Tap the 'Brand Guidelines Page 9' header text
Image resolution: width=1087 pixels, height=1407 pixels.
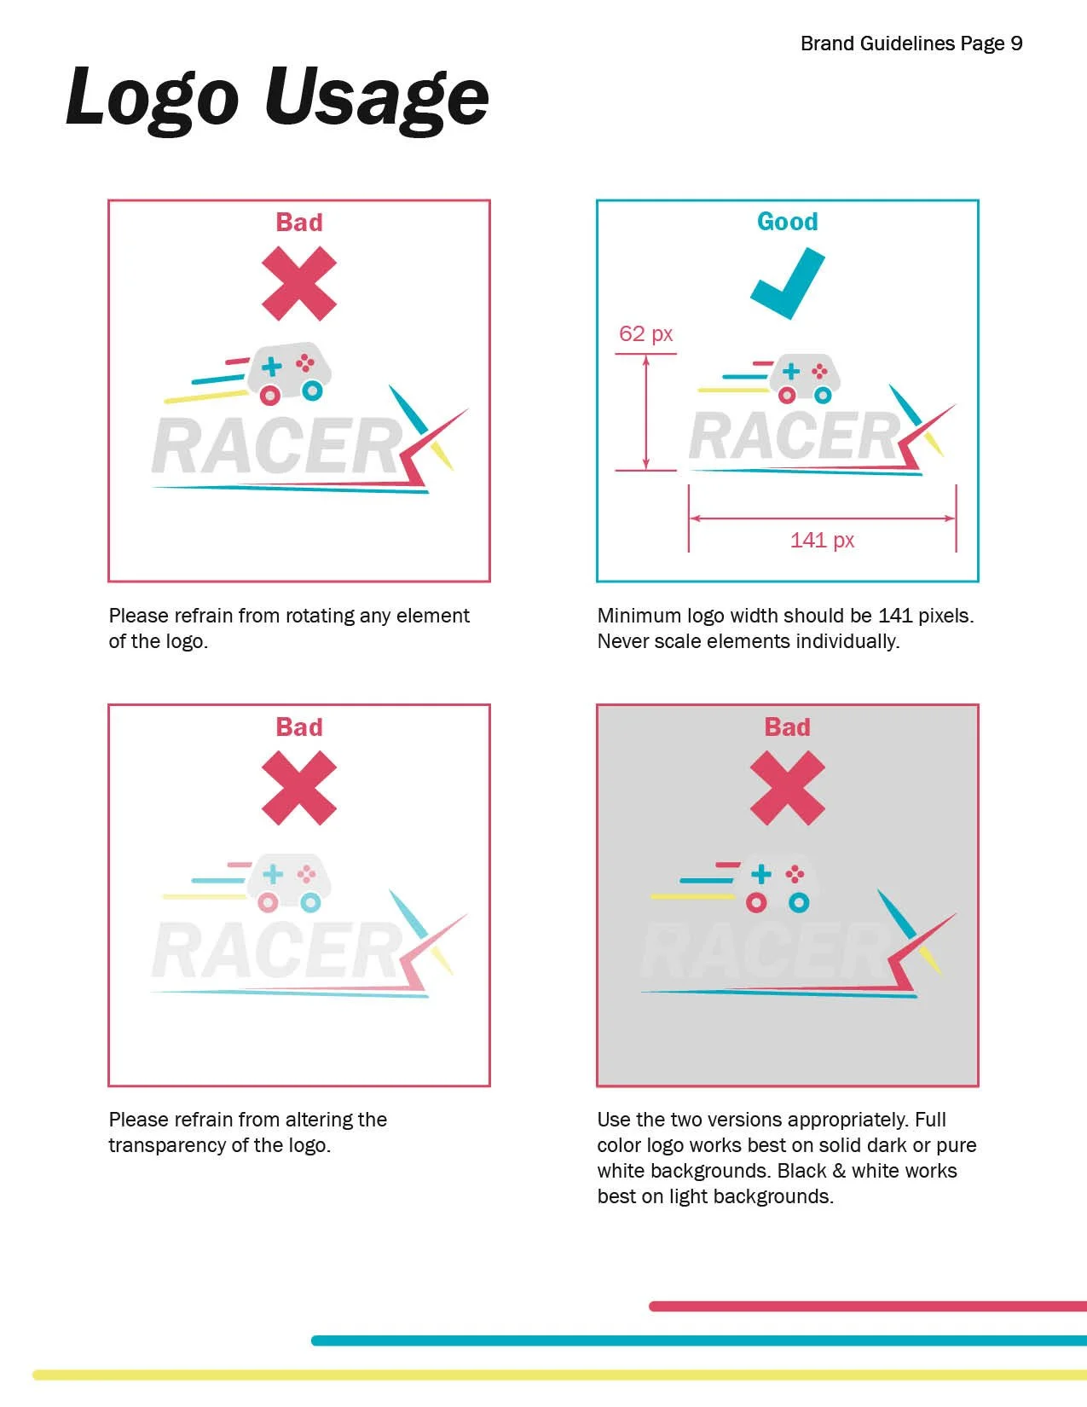(911, 43)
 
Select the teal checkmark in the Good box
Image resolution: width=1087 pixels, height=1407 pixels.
(787, 284)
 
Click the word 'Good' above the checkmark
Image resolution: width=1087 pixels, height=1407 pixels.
(787, 222)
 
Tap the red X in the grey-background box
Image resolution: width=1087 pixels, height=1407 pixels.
(787, 788)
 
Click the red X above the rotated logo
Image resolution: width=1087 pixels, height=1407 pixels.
(299, 284)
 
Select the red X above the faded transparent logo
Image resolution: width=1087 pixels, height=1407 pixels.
(299, 788)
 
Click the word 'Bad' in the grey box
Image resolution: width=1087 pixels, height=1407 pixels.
(787, 727)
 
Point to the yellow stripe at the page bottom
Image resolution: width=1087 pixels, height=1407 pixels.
(560, 1375)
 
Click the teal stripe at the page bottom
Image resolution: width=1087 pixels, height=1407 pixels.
(699, 1340)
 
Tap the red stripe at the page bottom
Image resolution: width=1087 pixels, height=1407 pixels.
(868, 1306)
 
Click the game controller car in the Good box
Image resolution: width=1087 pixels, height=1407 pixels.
(805, 378)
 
